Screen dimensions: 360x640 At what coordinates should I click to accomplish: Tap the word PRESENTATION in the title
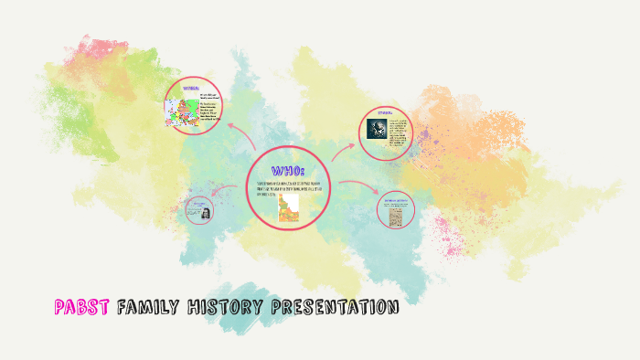point(335,307)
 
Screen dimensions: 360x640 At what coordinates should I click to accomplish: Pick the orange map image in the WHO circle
point(289,206)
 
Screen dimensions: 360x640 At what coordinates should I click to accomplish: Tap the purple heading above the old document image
point(397,198)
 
